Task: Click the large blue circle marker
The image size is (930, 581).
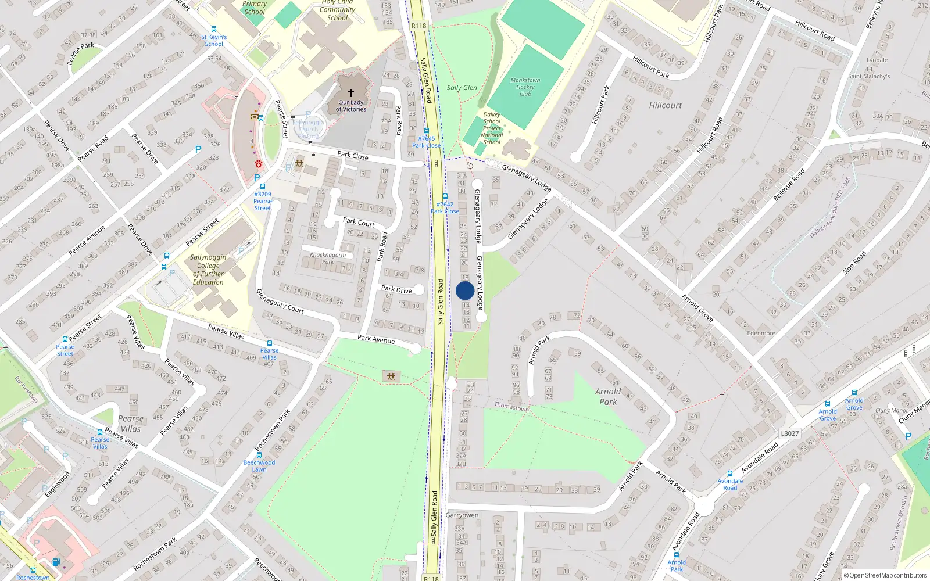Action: pyautogui.click(x=465, y=291)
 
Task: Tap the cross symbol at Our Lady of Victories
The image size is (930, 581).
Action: pyautogui.click(x=351, y=93)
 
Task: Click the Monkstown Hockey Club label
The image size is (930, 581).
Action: pyautogui.click(x=525, y=87)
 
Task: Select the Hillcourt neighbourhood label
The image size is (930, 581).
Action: pyautogui.click(x=666, y=105)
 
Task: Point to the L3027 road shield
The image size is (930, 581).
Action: pyautogui.click(x=790, y=433)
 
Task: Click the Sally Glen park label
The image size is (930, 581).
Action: pyautogui.click(x=462, y=88)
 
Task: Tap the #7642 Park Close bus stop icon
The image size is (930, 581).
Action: pyautogui.click(x=445, y=196)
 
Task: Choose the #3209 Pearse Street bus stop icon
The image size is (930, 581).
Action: pyautogui.click(x=263, y=187)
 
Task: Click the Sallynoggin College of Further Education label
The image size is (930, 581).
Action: pyautogui.click(x=208, y=270)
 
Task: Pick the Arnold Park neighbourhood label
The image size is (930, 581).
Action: pyautogui.click(x=608, y=396)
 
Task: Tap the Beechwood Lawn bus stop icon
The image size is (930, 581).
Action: pyautogui.click(x=259, y=455)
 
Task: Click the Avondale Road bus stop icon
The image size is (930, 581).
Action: pyautogui.click(x=730, y=474)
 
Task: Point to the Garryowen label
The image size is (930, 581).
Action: pyautogui.click(x=462, y=515)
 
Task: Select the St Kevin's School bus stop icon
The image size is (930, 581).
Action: pyautogui.click(x=214, y=29)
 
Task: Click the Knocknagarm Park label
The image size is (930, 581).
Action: pyautogui.click(x=328, y=258)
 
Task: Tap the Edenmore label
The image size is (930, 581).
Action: pyautogui.click(x=761, y=333)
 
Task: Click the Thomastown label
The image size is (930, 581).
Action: pyautogui.click(x=512, y=407)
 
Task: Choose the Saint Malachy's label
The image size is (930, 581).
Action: pyautogui.click(x=869, y=76)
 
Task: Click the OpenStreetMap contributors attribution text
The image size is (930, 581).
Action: pyautogui.click(x=885, y=576)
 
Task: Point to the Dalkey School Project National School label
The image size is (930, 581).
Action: pyautogui.click(x=492, y=128)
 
